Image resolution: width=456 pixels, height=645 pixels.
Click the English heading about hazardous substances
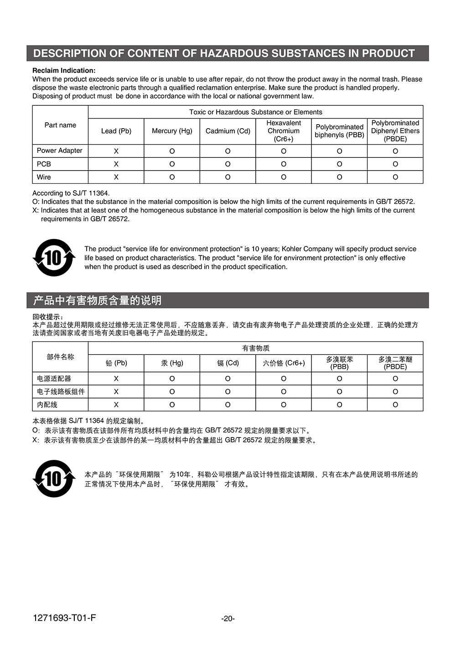tap(224, 53)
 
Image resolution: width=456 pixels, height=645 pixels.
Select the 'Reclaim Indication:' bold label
tap(64, 70)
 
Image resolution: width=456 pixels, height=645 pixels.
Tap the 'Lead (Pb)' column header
tap(116, 131)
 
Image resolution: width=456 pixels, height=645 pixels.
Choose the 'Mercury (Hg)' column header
tap(172, 131)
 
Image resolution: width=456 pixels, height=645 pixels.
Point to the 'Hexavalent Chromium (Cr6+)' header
tap(283, 131)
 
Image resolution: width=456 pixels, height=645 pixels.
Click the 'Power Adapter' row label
tap(60, 151)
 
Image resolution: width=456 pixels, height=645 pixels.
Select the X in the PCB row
tap(116, 164)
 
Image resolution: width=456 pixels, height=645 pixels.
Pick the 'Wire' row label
tap(44, 177)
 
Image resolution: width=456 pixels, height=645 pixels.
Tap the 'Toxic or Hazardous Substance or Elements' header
tap(255, 112)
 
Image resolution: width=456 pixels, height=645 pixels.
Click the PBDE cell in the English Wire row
tap(395, 177)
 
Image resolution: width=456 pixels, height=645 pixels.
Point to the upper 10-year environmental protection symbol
tap(54, 258)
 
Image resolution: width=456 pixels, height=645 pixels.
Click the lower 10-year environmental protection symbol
tap(54, 479)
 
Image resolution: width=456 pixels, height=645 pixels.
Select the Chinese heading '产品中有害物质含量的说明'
tap(97, 300)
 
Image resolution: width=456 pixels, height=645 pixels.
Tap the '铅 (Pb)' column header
tap(116, 363)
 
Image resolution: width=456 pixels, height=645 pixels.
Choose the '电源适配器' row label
tap(54, 379)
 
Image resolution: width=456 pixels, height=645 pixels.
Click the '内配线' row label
tap(47, 405)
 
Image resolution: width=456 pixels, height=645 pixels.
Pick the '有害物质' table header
tap(255, 348)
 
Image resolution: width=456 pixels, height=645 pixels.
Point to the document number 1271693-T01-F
tap(64, 618)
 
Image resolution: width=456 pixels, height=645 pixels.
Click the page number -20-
tap(228, 619)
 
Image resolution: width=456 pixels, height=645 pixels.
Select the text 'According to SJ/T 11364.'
tap(71, 193)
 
